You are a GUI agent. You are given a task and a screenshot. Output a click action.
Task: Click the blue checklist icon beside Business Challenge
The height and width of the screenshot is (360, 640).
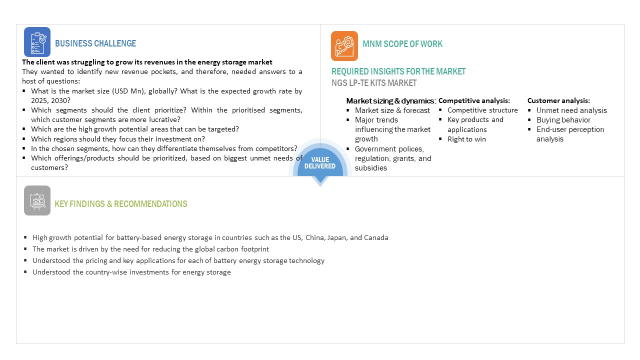point(37,42)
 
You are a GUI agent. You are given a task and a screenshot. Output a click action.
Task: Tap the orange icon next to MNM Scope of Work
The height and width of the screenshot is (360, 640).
point(344,46)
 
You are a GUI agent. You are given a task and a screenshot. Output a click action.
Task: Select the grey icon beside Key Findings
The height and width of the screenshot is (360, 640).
point(37,200)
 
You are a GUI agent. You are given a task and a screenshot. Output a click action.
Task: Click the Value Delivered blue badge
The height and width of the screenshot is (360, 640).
point(319,163)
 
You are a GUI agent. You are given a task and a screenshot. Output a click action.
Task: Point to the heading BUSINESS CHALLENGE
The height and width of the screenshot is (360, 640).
point(95,43)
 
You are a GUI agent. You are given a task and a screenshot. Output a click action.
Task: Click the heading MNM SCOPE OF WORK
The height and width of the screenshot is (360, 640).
point(402,44)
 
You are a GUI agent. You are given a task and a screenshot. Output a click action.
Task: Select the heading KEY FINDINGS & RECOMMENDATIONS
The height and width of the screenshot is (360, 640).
point(121,204)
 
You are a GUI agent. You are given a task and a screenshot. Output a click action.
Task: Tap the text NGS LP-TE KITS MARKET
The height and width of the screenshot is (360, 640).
point(374,83)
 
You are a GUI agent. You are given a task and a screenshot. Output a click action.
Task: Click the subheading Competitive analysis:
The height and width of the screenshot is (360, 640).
point(474,101)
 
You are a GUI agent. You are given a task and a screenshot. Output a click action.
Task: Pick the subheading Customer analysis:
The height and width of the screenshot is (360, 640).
point(558,100)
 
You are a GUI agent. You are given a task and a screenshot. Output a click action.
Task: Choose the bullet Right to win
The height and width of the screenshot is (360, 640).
point(466,139)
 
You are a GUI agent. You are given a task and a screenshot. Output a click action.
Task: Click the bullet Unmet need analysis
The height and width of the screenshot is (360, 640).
point(571,110)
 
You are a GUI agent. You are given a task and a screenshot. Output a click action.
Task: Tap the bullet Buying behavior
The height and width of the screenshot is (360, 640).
point(563,120)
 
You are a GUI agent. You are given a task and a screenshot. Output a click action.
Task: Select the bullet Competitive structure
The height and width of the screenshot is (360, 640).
point(482,110)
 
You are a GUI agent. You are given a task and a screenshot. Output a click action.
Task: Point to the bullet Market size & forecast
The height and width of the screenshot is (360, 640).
point(392,110)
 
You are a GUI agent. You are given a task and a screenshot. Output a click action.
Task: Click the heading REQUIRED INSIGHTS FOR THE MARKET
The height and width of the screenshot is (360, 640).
point(398,71)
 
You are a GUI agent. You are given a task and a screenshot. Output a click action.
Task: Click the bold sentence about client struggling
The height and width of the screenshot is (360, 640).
point(147,62)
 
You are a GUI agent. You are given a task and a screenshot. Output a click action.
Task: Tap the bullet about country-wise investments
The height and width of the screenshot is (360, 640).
point(131,272)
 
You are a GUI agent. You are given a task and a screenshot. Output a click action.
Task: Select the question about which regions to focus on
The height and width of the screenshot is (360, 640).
point(118,139)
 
